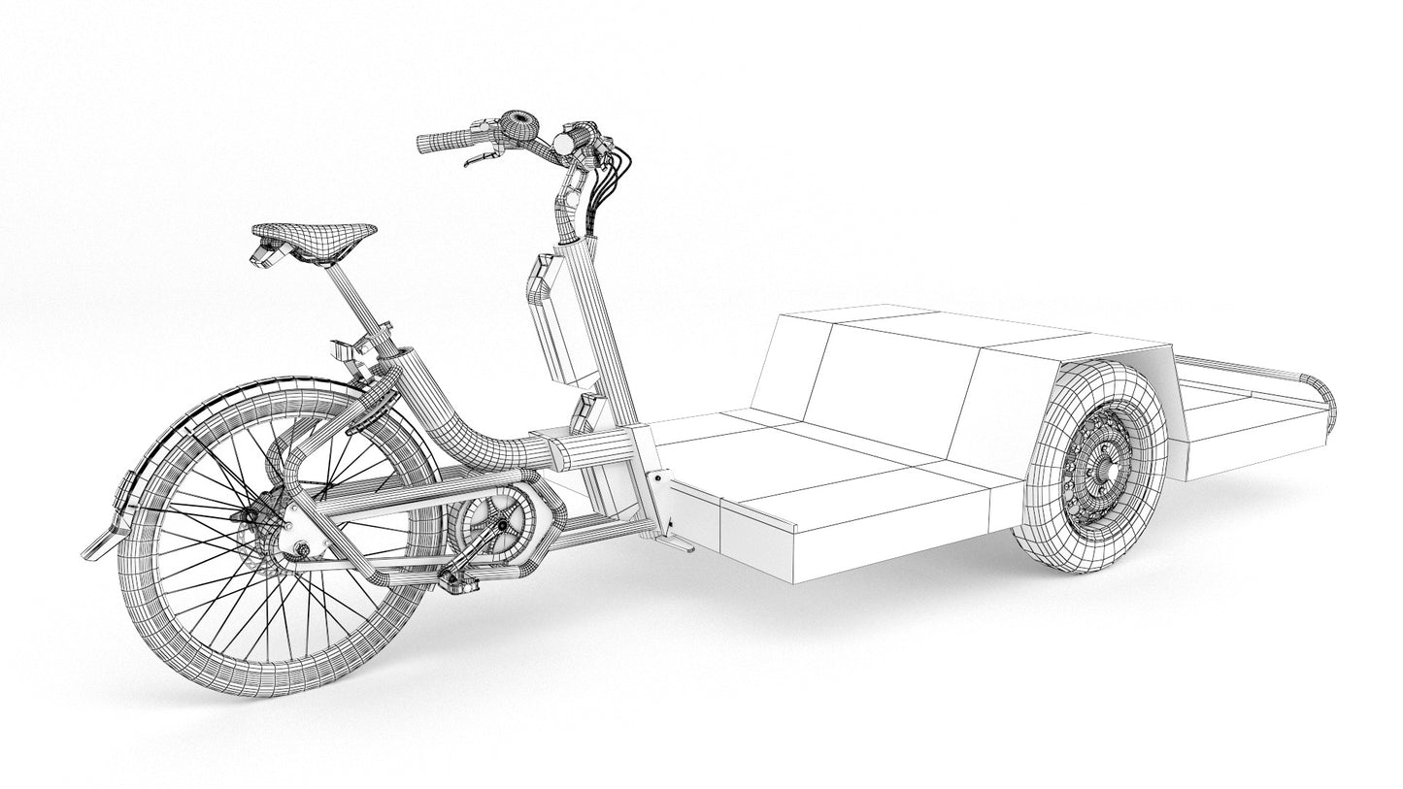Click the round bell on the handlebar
tap(518, 124)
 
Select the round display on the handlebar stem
tap(562, 144)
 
